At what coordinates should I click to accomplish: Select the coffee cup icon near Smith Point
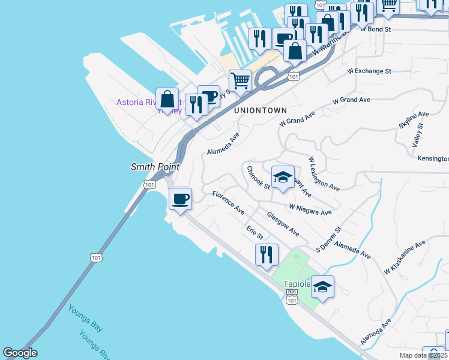(180, 199)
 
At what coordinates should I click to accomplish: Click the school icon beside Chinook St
(283, 178)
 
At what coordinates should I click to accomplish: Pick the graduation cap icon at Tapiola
(322, 287)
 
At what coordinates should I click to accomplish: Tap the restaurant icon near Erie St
(267, 254)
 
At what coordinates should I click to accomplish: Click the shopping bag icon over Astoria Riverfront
(167, 100)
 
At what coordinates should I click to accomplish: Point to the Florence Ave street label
(229, 203)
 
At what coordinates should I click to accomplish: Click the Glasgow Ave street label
(283, 223)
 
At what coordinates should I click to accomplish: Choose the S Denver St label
(329, 239)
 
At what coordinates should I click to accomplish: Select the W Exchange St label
(369, 71)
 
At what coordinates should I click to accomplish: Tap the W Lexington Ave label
(324, 175)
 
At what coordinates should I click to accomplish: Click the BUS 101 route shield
(292, 297)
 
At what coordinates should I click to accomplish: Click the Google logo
(20, 353)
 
